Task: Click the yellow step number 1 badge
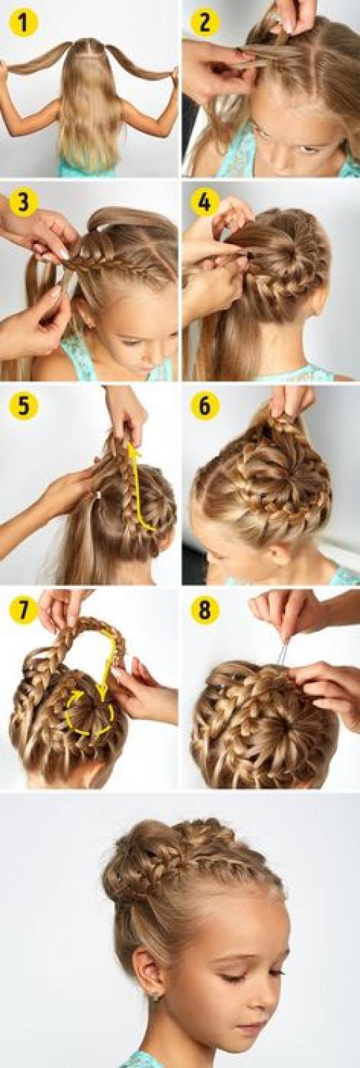(x=23, y=22)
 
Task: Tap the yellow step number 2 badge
(x=204, y=22)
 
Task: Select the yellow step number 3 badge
(x=23, y=202)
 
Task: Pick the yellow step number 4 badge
(x=204, y=202)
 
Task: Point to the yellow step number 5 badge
(x=23, y=405)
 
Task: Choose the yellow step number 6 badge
(x=204, y=405)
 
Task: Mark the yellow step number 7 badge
(x=23, y=609)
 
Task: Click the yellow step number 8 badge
(x=204, y=609)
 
